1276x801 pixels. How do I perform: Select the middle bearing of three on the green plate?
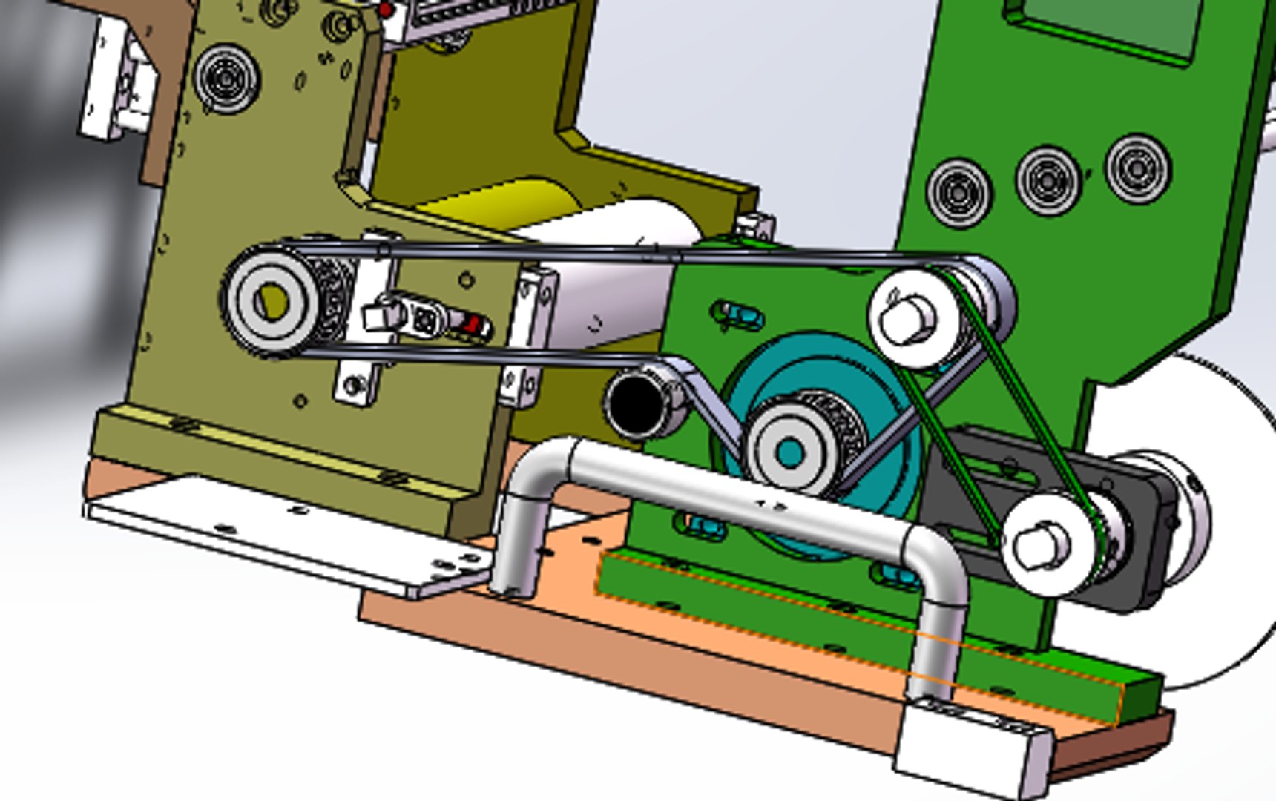[x=1048, y=180]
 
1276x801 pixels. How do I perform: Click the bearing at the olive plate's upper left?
[x=226, y=79]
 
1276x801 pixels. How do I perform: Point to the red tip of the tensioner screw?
[x=475, y=324]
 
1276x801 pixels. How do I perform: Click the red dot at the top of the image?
[x=386, y=10]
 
